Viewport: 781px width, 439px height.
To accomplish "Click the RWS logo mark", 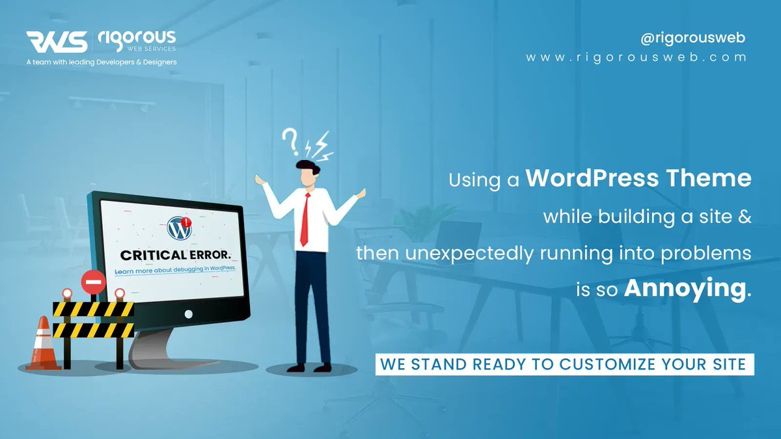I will (x=57, y=42).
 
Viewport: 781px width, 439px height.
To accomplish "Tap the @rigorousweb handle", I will (x=692, y=38).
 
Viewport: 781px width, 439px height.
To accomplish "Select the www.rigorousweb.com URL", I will (x=637, y=57).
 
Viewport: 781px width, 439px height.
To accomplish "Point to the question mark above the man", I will (x=290, y=139).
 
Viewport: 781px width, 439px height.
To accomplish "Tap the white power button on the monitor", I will (x=189, y=313).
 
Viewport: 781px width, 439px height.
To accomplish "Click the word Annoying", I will (x=683, y=289).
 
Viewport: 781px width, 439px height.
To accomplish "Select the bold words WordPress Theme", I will (x=638, y=179).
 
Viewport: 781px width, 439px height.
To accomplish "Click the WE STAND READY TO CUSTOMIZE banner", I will (x=564, y=363).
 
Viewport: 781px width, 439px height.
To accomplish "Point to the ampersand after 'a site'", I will (x=745, y=217).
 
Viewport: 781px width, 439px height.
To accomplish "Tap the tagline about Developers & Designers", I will (x=101, y=62).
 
